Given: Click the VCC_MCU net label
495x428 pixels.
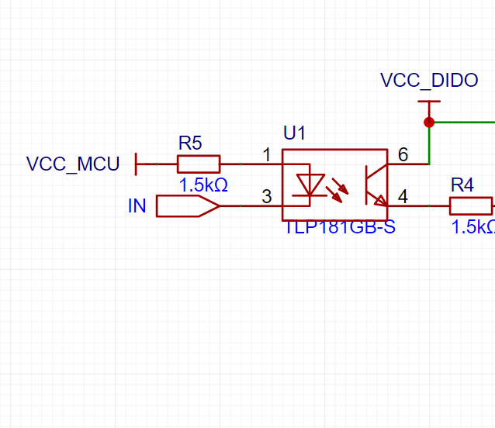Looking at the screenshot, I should (x=73, y=164).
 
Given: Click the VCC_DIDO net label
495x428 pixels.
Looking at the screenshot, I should (x=429, y=81).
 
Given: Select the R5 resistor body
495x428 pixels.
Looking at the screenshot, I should (x=199, y=164).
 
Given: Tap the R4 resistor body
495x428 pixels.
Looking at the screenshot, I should (x=471, y=205).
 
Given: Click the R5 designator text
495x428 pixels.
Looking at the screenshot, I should (x=190, y=143).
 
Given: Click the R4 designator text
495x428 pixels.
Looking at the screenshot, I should (x=462, y=185).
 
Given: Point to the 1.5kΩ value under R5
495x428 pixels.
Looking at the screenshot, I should (x=203, y=186).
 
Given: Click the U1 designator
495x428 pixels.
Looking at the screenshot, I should (x=294, y=134).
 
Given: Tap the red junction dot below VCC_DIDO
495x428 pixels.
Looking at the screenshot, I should (x=429, y=122).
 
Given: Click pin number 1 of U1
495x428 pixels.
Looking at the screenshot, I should (x=267, y=155).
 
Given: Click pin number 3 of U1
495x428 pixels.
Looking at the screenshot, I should (x=267, y=197).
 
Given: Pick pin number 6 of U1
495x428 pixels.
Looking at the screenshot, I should (x=403, y=155).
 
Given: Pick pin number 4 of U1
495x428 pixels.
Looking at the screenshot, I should (x=403, y=197).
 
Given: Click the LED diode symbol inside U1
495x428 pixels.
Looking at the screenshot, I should (x=311, y=185).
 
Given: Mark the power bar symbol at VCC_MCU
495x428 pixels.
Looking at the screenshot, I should (x=137, y=164).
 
